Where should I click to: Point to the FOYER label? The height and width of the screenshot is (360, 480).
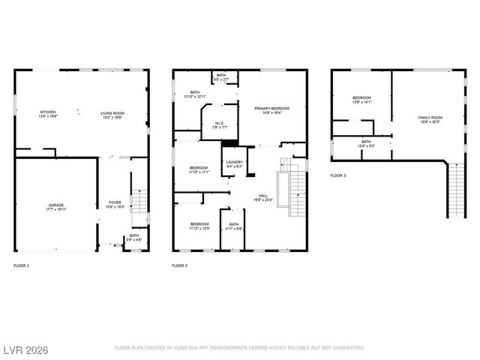(115, 202)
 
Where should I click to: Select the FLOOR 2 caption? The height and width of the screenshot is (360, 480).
(179, 265)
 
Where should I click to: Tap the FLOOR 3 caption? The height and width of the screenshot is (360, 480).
(338, 175)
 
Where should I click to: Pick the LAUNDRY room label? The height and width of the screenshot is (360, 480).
(233, 164)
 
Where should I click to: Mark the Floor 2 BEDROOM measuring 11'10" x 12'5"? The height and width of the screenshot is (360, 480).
(199, 226)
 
